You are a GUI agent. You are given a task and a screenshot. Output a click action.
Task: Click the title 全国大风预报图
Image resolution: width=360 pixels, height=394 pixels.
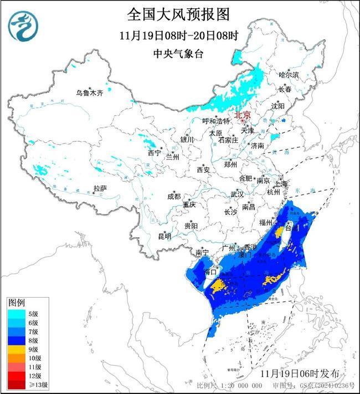click(178, 13)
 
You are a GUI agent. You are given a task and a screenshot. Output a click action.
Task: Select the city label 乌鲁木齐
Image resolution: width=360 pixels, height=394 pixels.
click(89, 93)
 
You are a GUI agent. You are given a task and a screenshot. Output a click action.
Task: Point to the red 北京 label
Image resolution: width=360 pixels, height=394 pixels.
click(243, 115)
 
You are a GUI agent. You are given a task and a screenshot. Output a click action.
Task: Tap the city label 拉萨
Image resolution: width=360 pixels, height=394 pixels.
click(100, 189)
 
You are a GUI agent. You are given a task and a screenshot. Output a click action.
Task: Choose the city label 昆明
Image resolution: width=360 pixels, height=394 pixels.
click(164, 237)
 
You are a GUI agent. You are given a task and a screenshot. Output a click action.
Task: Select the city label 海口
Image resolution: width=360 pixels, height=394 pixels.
click(210, 272)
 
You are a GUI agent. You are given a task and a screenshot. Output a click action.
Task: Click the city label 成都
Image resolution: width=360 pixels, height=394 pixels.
click(173, 196)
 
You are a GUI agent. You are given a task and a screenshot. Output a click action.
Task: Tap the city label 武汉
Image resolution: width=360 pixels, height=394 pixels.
click(237, 195)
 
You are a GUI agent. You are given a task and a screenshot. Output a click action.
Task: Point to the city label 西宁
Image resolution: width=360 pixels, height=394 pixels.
click(154, 153)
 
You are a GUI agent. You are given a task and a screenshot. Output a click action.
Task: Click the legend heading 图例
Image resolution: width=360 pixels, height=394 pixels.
click(17, 303)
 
